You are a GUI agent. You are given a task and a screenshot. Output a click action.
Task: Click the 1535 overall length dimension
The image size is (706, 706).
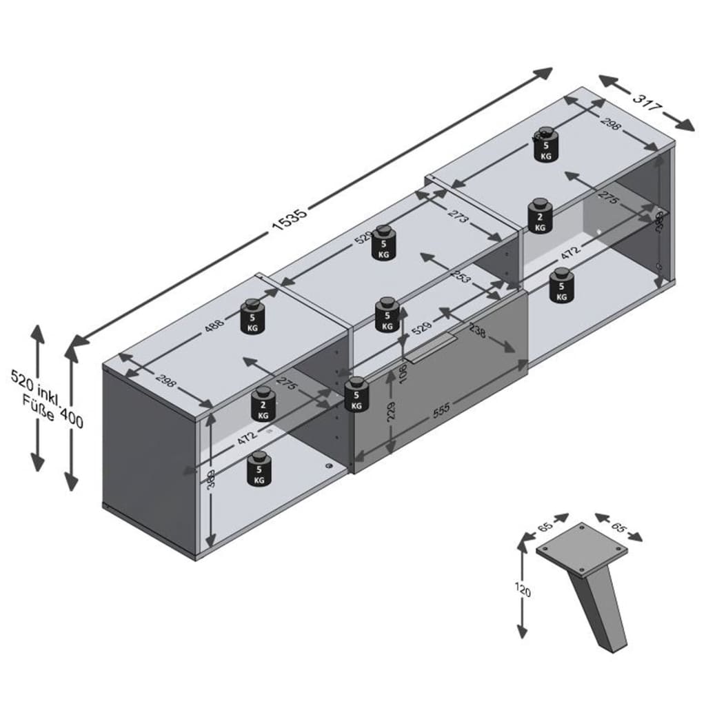click(289, 219)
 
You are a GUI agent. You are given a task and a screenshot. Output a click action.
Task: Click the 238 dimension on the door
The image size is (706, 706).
click(476, 333)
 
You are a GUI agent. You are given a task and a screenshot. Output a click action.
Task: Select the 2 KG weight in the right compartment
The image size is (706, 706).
click(540, 216)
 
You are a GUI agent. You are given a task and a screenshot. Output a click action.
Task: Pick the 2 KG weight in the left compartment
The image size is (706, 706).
click(263, 405)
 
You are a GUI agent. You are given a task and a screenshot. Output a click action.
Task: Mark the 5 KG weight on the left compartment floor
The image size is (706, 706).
click(259, 470)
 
